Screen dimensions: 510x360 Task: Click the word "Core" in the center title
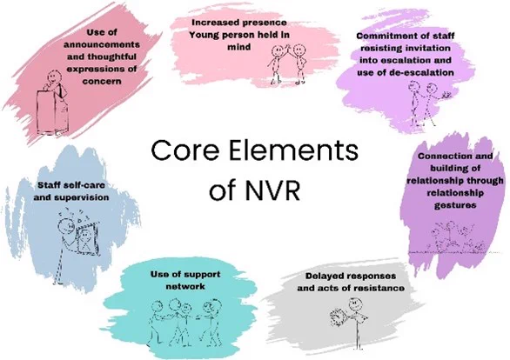185,150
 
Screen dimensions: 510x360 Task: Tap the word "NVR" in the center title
272,190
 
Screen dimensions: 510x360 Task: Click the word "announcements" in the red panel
102,44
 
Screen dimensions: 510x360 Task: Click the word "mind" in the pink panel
239,47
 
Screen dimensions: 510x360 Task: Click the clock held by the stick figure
338,317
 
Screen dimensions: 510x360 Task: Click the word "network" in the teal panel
185,286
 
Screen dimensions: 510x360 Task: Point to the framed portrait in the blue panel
87,239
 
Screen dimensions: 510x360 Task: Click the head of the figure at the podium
54,77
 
